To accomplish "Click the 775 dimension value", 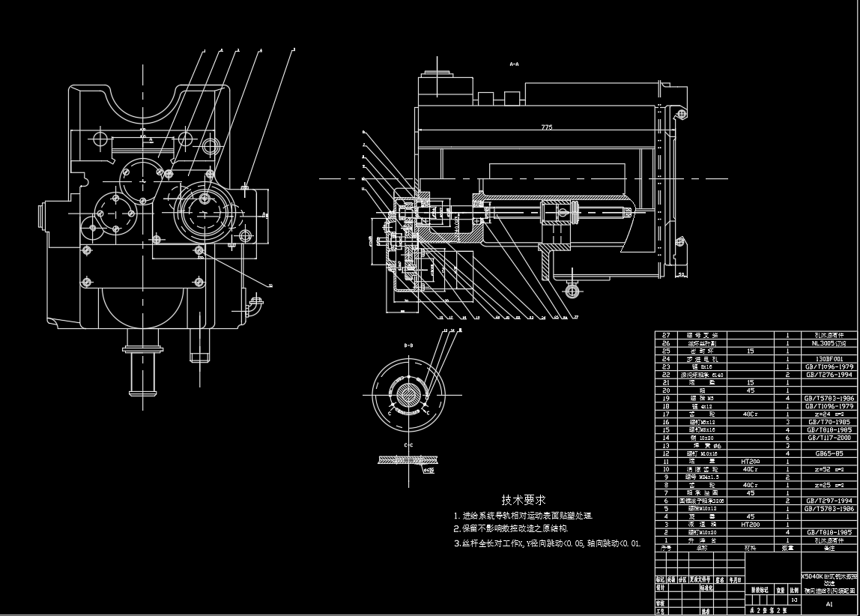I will click(546, 127).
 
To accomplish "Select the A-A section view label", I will click(515, 65).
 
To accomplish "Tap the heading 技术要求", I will click(523, 499).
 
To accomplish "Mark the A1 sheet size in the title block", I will click(829, 603).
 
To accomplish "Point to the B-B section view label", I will click(408, 345).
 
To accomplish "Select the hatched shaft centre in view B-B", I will click(408, 395).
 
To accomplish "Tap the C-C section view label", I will click(408, 446).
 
